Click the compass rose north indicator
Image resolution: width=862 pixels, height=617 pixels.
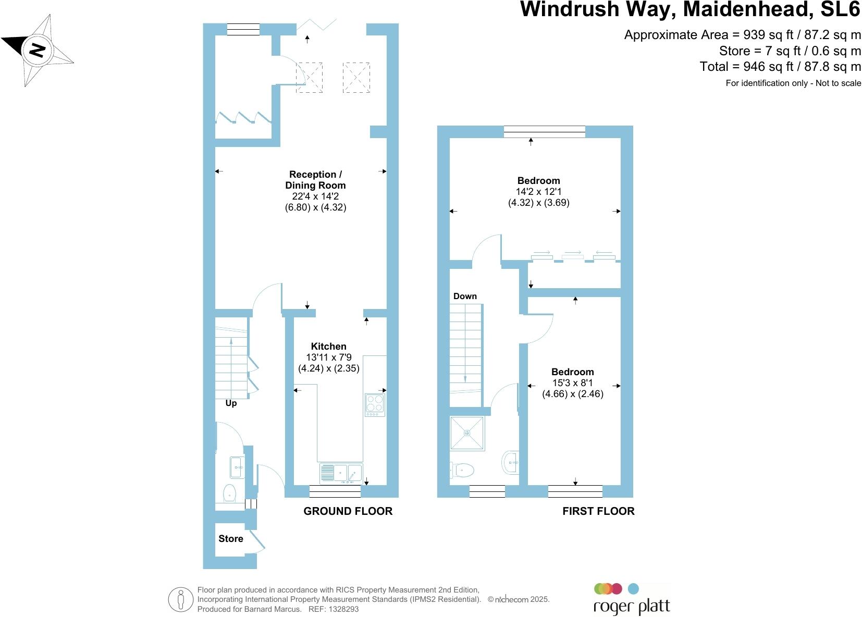click(x=36, y=51)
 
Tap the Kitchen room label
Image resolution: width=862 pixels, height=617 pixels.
click(x=328, y=347)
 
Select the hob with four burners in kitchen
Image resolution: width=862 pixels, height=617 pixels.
click(x=375, y=404)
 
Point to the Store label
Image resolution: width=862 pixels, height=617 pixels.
click(x=230, y=539)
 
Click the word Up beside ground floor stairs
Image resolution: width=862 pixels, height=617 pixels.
click(x=231, y=403)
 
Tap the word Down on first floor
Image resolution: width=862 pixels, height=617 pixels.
click(x=465, y=296)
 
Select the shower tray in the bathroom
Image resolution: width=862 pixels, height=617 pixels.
click(x=467, y=433)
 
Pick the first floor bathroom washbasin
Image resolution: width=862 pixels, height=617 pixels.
click(x=511, y=462)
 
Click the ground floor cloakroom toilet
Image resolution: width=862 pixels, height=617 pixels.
click(x=230, y=492)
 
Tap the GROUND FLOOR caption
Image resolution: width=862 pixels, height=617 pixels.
click(x=348, y=511)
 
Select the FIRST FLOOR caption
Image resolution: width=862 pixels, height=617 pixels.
click(x=598, y=511)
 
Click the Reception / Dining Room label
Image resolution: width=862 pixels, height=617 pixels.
click(x=315, y=180)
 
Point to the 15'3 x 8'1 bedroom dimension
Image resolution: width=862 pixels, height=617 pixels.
click(x=572, y=383)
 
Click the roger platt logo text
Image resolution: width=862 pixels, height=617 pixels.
click(x=631, y=607)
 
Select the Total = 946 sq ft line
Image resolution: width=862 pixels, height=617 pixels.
click(x=780, y=67)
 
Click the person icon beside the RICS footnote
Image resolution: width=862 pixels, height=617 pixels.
click(x=181, y=599)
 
